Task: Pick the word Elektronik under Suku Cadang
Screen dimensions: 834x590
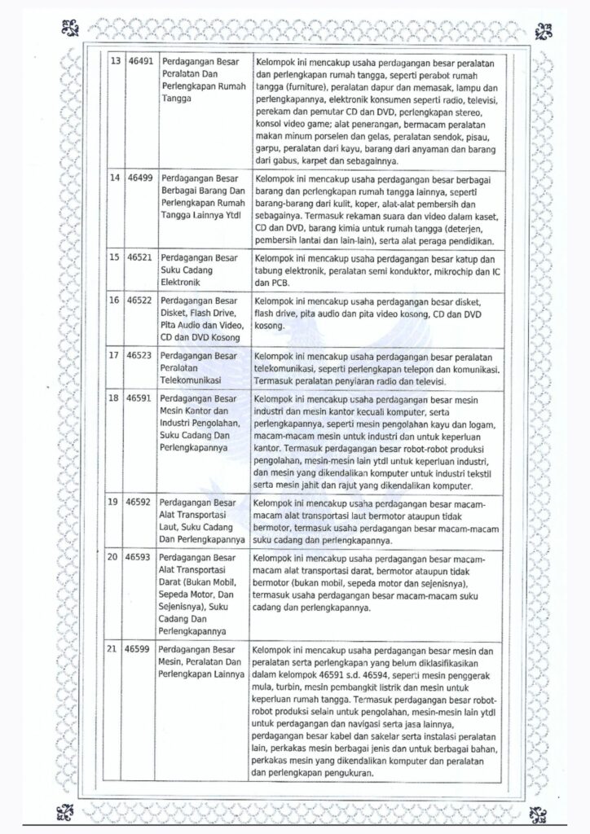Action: pyautogui.click(x=183, y=282)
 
